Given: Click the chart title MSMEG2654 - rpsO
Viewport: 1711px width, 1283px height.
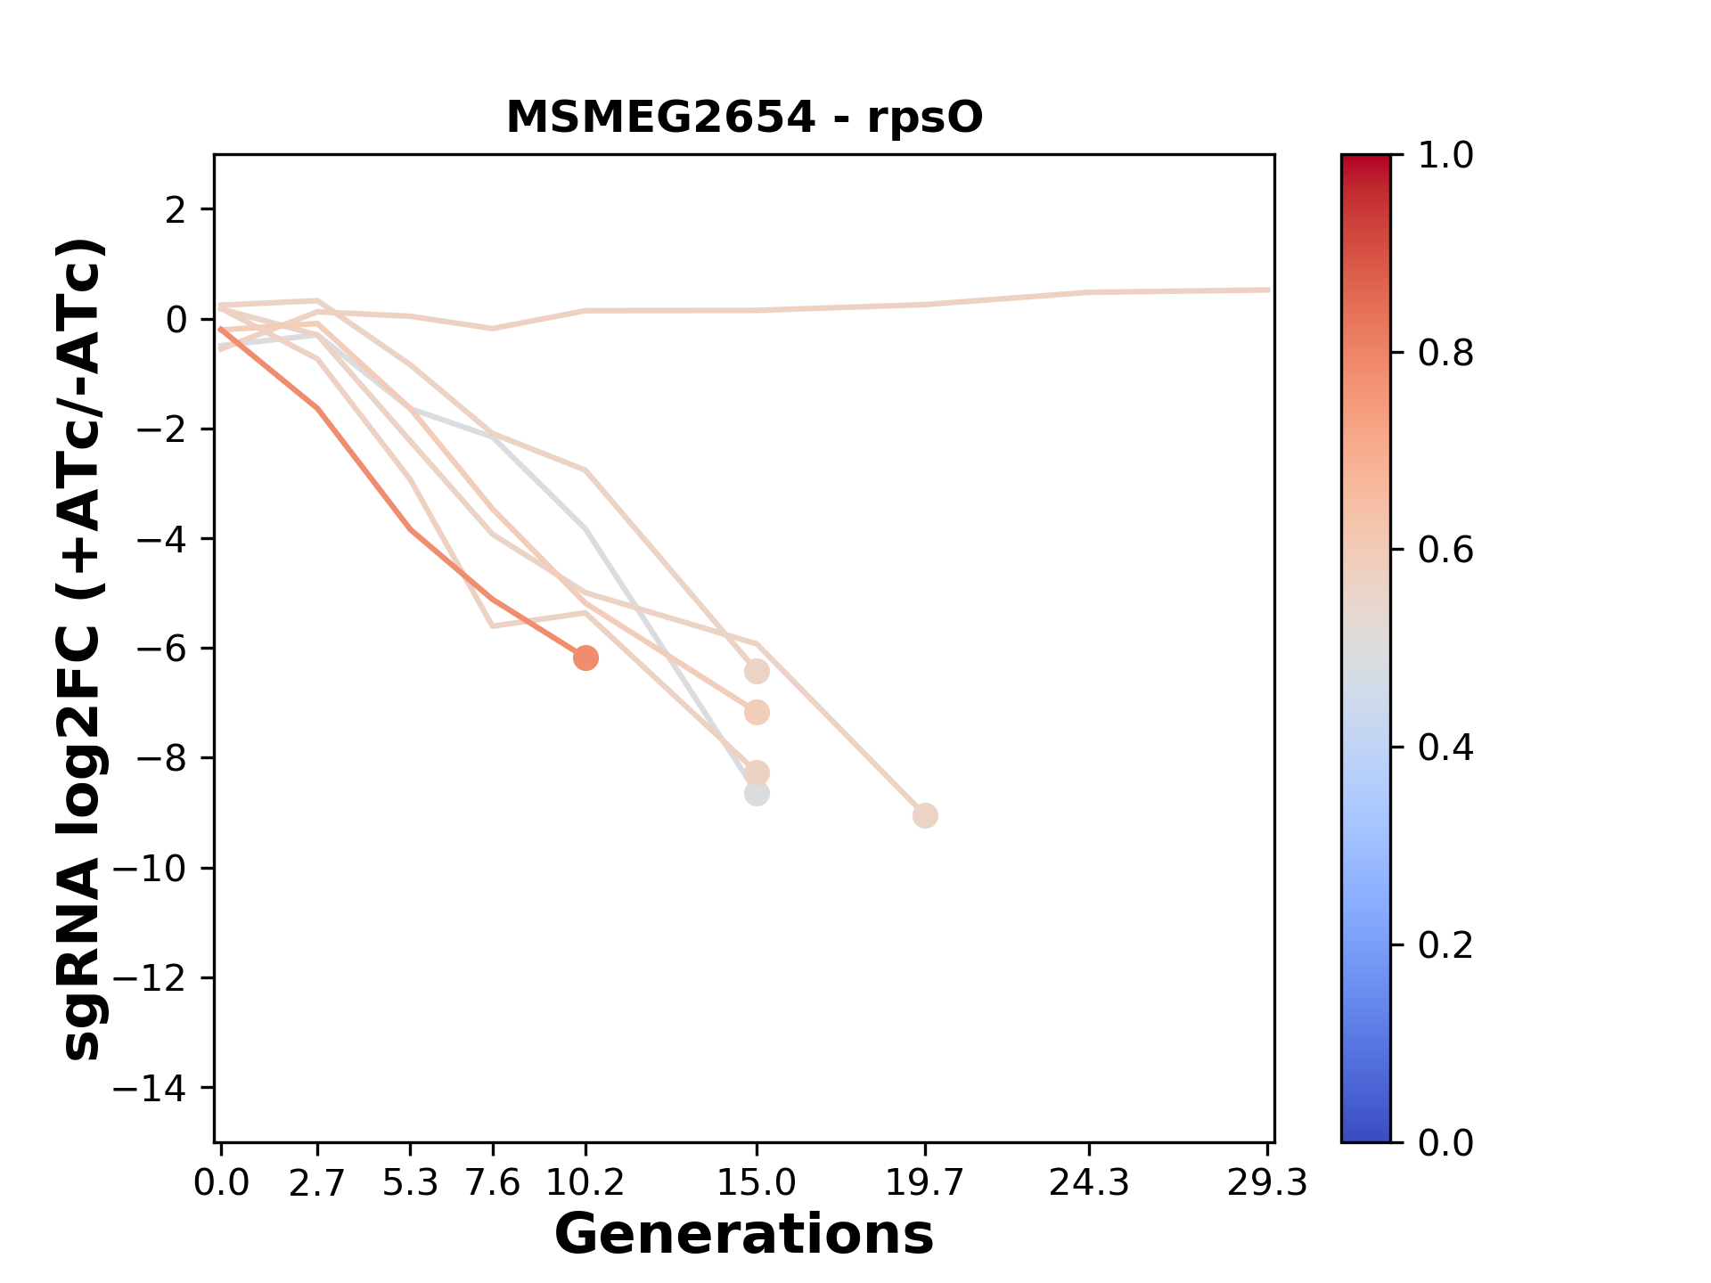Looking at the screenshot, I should [x=744, y=118].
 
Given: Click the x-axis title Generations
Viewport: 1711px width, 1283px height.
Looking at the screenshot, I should [x=744, y=1235].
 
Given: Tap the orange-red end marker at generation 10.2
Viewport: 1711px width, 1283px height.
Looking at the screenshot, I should [x=585, y=658].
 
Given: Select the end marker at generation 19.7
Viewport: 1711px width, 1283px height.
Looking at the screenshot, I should [x=925, y=815].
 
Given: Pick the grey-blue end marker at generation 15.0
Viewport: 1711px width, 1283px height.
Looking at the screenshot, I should [x=757, y=793].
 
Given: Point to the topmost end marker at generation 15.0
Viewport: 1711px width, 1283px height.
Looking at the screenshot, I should [x=757, y=671].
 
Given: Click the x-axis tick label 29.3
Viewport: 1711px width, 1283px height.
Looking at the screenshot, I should [x=1267, y=1183].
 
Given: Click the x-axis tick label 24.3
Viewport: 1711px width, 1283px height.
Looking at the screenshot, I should [x=1089, y=1183].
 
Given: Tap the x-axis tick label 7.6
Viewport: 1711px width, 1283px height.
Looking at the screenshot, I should [x=493, y=1183].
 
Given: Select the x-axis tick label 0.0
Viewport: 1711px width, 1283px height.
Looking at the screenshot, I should [x=221, y=1183].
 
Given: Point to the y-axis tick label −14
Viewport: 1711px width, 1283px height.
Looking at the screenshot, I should [x=160, y=1088].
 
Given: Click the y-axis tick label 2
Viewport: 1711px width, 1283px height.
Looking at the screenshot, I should [x=176, y=210].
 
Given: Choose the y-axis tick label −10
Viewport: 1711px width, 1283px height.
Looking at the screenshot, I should [x=160, y=869].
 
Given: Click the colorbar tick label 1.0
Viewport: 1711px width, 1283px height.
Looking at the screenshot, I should [x=1445, y=156].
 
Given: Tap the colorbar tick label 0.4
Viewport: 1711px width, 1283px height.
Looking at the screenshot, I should [x=1445, y=748].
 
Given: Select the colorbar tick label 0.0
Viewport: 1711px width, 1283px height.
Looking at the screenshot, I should [x=1445, y=1142].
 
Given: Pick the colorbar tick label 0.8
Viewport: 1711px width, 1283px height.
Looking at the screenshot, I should [x=1445, y=354].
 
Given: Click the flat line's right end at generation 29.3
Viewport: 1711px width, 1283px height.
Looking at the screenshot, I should [x=1268, y=290].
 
